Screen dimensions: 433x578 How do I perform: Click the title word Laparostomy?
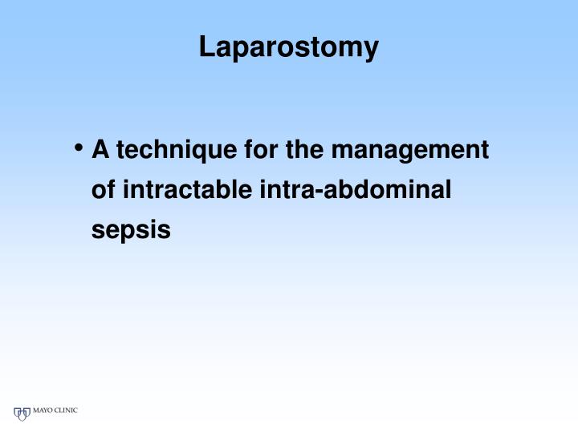(288, 47)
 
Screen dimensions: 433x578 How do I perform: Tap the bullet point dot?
(79, 148)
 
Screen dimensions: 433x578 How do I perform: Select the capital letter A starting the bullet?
(100, 150)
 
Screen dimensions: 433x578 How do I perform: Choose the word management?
(410, 151)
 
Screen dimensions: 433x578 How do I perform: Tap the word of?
(104, 190)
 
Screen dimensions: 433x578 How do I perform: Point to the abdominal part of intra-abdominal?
(389, 190)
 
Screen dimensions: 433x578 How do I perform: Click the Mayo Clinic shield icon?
(22, 414)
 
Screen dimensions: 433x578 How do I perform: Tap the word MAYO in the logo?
(42, 411)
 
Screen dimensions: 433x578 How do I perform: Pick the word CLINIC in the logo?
(66, 411)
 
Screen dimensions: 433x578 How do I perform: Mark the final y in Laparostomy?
(371, 50)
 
